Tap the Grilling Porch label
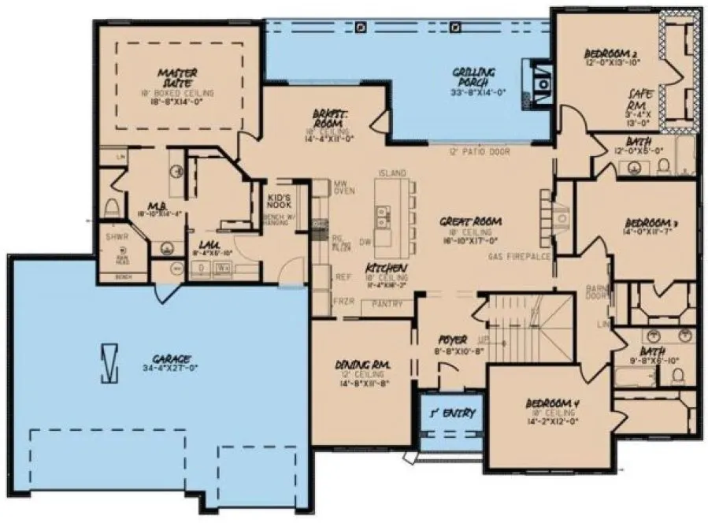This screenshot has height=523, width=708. pyautogui.click(x=473, y=76)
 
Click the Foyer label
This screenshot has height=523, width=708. pyautogui.click(x=452, y=340)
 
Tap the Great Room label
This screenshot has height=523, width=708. pyautogui.click(x=471, y=221)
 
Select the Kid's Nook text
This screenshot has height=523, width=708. pyautogui.click(x=279, y=201)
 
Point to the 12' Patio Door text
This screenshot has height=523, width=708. pyautogui.click(x=479, y=151)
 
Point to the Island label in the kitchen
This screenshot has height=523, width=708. pyautogui.click(x=392, y=172)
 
